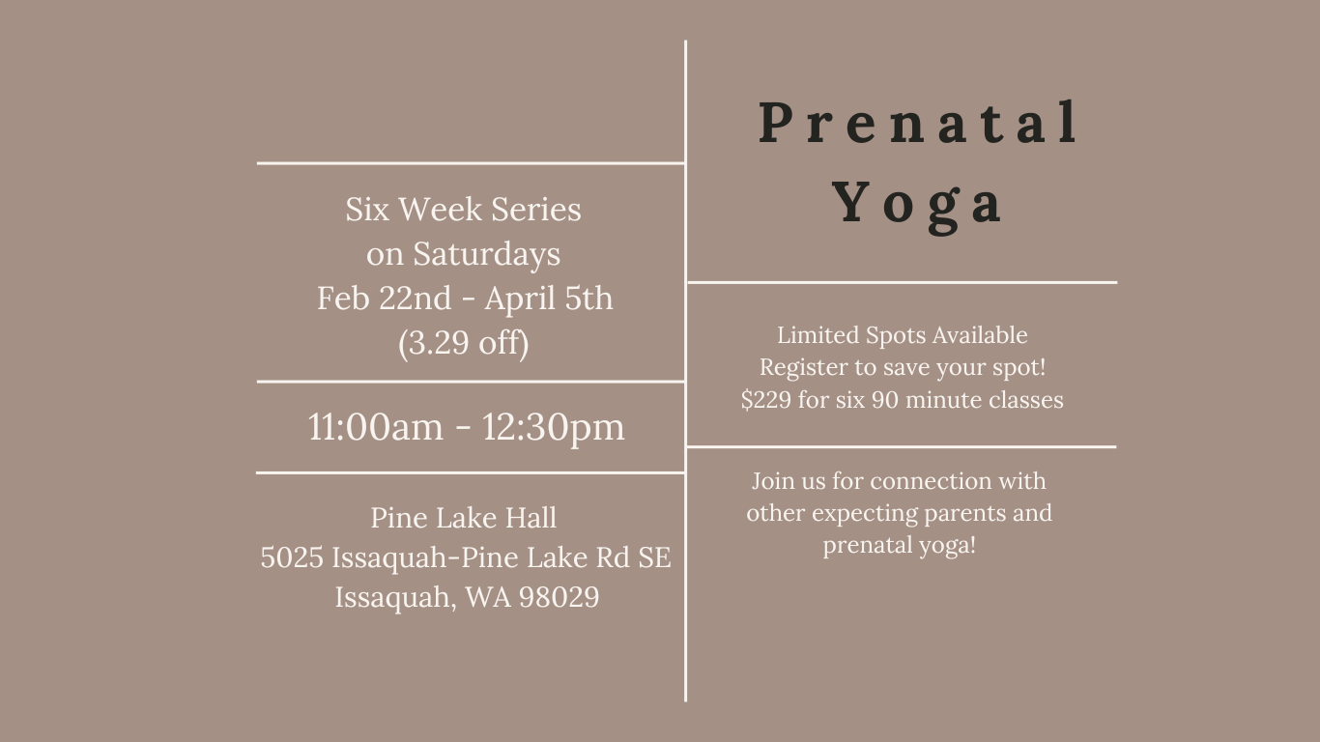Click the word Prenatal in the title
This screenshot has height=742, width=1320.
918,123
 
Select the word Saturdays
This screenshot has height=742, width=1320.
487,255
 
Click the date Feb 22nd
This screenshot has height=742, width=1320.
385,298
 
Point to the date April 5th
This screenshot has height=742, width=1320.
549,298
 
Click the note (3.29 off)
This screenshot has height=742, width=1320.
464,342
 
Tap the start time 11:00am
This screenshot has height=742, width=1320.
375,426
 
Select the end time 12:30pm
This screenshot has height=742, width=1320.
554,427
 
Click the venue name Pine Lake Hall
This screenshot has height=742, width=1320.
463,518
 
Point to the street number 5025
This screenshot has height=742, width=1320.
292,557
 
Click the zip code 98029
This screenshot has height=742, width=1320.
559,597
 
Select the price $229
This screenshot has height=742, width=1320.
766,400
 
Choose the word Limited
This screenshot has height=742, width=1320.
818,334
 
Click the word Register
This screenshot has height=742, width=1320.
804,368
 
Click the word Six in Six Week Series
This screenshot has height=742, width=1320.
367,210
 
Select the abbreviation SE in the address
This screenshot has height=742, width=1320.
654,557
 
